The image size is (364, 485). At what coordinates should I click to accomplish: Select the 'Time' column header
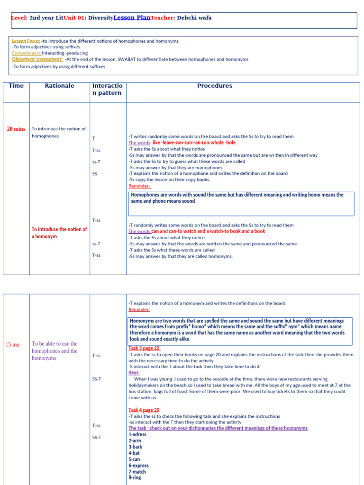[16, 86]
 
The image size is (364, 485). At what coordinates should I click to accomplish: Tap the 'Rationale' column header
[59, 86]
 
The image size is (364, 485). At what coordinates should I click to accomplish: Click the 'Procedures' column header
[215, 86]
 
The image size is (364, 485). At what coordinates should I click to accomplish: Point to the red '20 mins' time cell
[16, 129]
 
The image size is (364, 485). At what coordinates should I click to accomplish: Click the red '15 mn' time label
[12, 345]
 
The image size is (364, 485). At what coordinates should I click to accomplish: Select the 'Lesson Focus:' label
[26, 41]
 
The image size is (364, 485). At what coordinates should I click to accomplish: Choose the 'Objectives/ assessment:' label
[37, 59]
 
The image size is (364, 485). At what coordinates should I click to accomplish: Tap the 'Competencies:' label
[27, 53]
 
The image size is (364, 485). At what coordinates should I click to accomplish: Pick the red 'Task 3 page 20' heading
[144, 348]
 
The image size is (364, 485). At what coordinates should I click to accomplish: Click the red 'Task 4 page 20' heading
[144, 410]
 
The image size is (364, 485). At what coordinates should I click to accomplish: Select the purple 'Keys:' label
[134, 373]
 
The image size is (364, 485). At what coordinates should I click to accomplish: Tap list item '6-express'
[138, 466]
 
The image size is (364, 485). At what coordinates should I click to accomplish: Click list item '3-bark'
[135, 447]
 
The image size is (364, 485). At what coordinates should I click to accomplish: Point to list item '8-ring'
[135, 477]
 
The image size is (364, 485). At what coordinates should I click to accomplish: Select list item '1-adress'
[137, 434]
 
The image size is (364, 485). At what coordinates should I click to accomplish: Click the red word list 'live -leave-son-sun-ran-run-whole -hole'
[194, 143]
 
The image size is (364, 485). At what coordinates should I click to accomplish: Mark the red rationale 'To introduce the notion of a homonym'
[59, 233]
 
